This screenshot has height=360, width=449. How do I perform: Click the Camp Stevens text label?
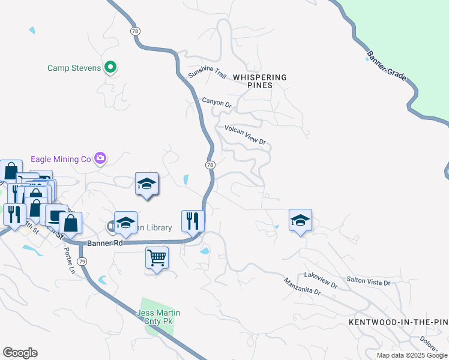point(74,68)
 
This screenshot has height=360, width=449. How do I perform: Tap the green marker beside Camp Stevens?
point(110,67)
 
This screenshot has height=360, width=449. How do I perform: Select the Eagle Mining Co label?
point(61,159)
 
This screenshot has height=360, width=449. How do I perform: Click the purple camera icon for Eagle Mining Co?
point(100,158)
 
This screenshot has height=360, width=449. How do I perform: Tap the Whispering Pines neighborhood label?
point(260,81)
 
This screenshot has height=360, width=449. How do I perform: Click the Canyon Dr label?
point(217,103)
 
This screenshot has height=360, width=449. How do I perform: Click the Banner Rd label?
point(105,243)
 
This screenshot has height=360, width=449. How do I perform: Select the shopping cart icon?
point(157,258)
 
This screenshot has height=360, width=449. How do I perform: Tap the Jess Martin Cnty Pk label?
point(158,317)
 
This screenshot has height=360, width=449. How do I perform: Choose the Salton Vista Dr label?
point(369,281)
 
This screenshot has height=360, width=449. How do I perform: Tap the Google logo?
point(20,353)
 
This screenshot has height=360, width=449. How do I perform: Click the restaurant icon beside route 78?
point(193,220)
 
